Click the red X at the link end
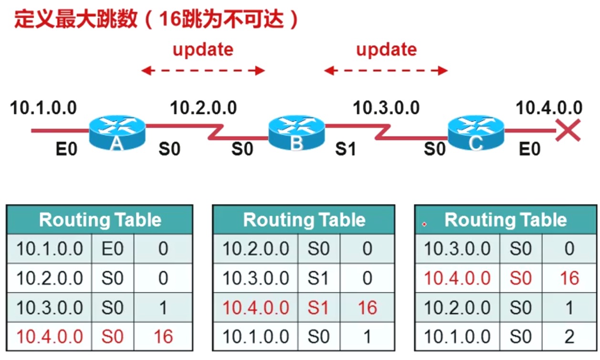pyautogui.click(x=568, y=130)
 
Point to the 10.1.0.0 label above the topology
pyautogui.click(x=43, y=108)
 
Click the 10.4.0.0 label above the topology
pyautogui.click(x=549, y=108)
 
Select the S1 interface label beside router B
pyautogui.click(x=346, y=149)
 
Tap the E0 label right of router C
pyautogui.click(x=530, y=149)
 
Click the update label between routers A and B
pyautogui.click(x=203, y=49)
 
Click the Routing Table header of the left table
pyautogui.click(x=100, y=220)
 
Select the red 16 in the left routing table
pyautogui.click(x=163, y=337)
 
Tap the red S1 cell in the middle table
pyautogui.click(x=318, y=308)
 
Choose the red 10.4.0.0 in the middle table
pyautogui.click(x=256, y=308)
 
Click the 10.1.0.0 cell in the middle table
pyautogui.click(x=256, y=337)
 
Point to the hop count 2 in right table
pyautogui.click(x=569, y=337)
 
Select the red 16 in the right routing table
pyautogui.click(x=569, y=278)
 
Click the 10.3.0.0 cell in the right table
pyautogui.click(x=457, y=249)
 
